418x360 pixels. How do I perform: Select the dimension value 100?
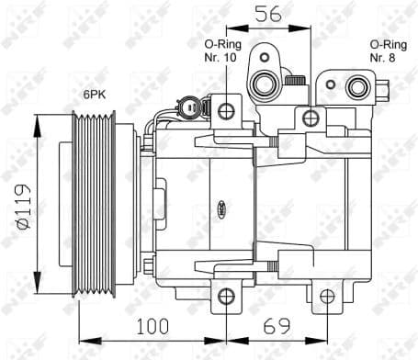152,325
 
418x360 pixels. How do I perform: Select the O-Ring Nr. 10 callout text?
220,50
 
